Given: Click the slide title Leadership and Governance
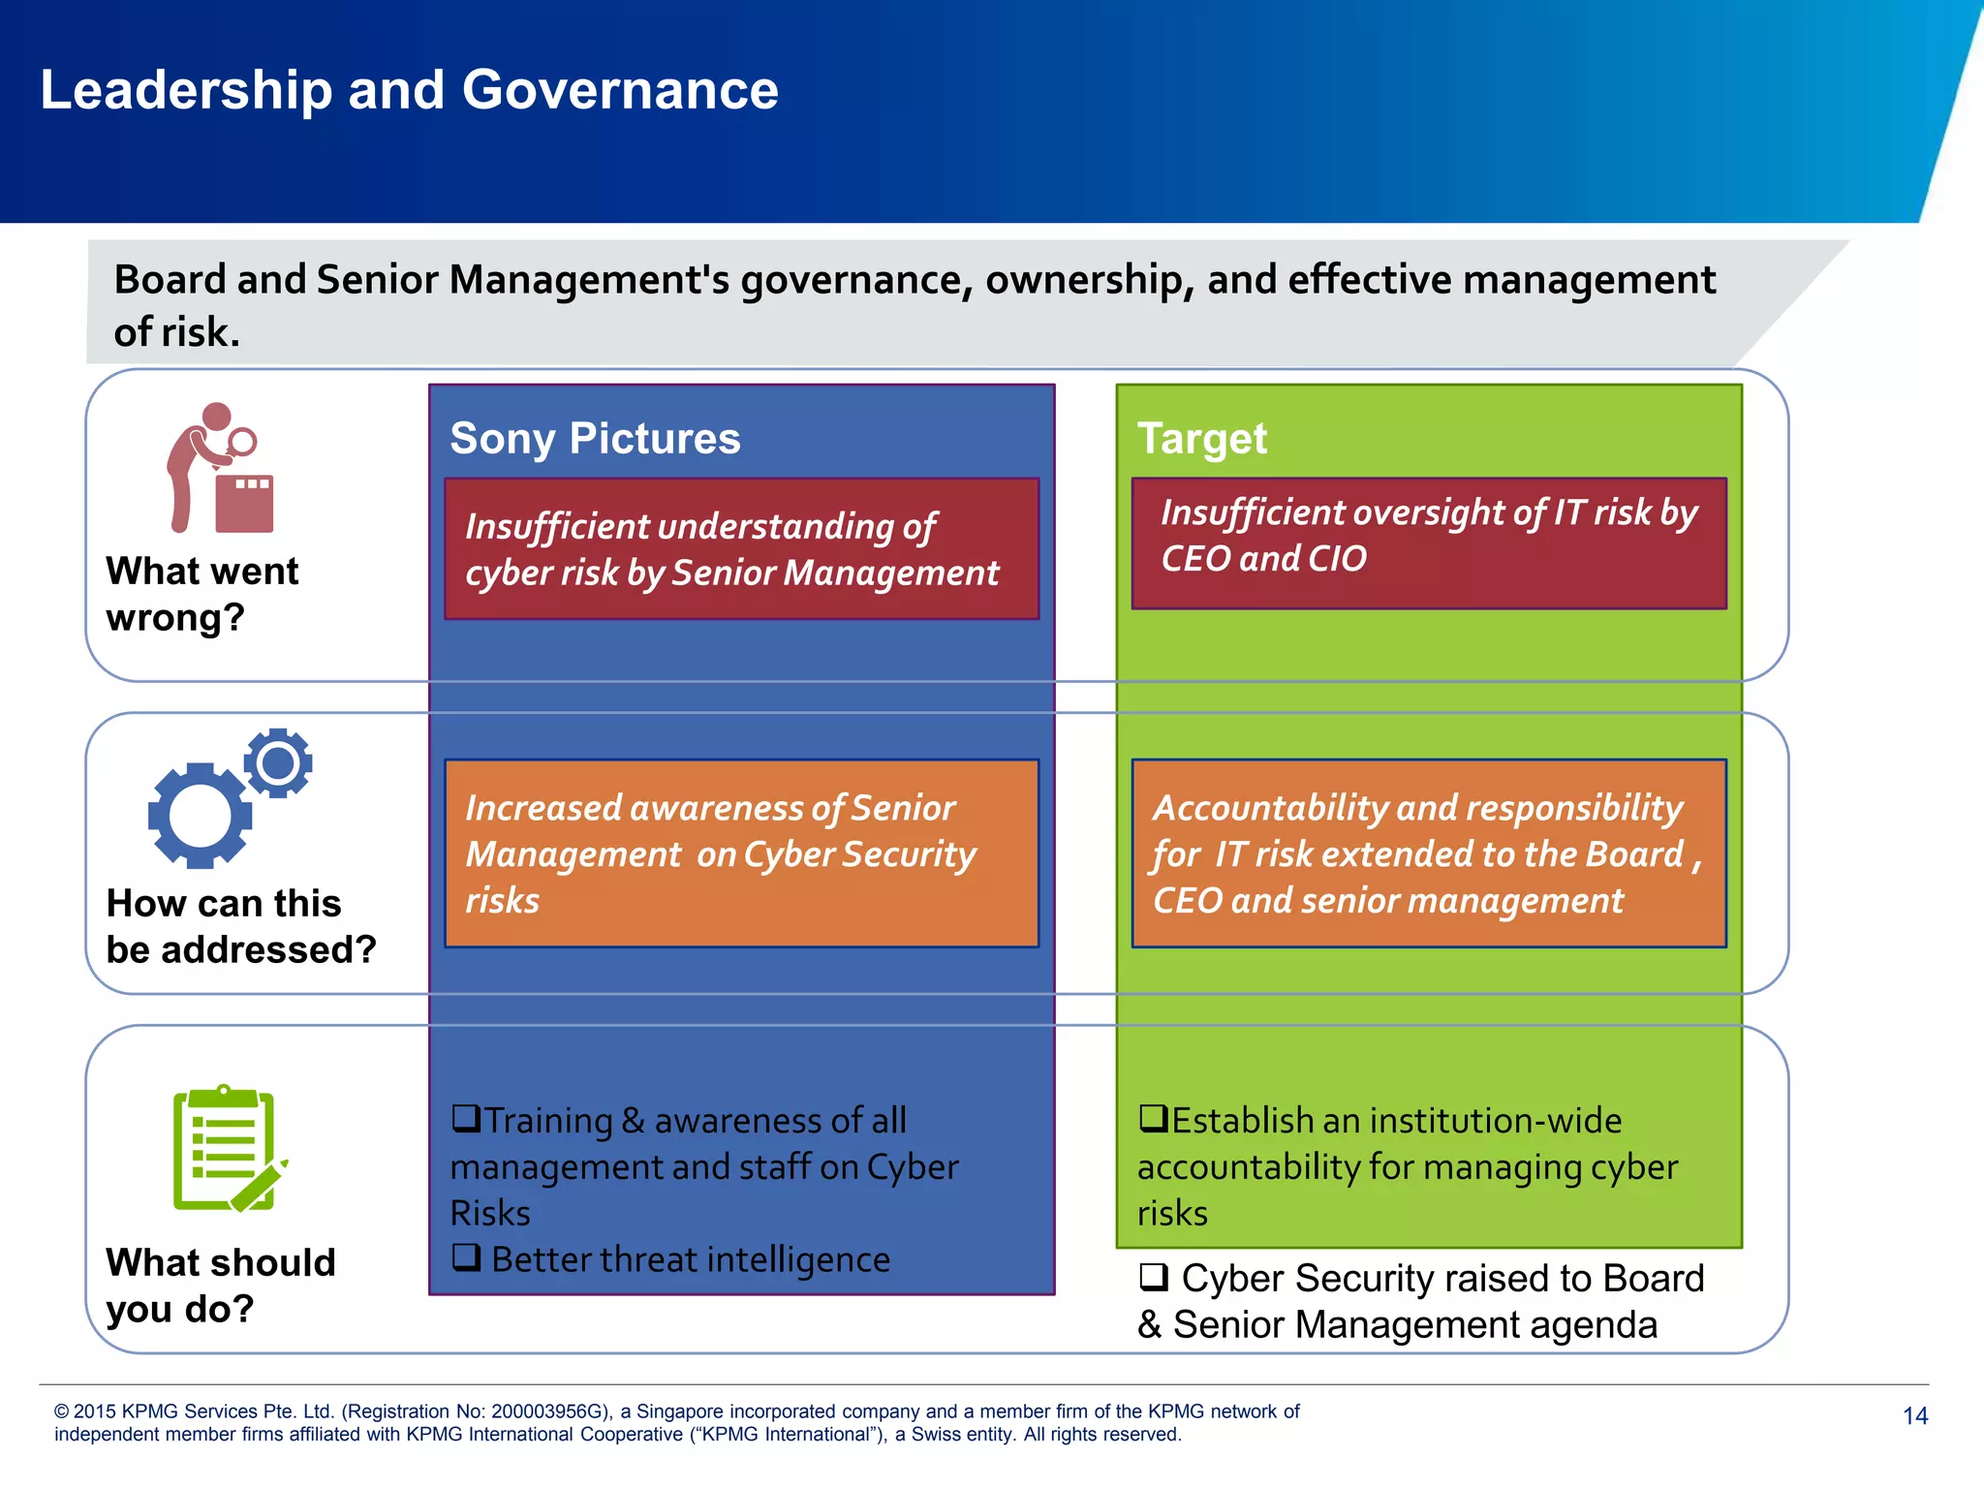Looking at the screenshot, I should (x=409, y=90).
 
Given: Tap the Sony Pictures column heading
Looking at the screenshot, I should (x=595, y=438).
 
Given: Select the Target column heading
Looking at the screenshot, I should (x=1201, y=438).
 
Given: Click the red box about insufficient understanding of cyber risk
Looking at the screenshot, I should (x=741, y=548).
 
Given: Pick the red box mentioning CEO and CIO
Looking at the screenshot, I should (x=1429, y=542).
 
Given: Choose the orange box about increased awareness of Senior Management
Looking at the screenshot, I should (x=741, y=852).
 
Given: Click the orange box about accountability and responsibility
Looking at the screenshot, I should (x=1429, y=852).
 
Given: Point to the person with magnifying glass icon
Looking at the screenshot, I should (x=219, y=469).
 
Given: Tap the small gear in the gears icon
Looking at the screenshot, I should (x=278, y=763).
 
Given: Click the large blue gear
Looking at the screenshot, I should (x=200, y=816).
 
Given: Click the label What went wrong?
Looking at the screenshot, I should (x=201, y=594).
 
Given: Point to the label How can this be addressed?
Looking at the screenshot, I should (x=240, y=926).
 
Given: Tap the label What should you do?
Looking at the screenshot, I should (x=220, y=1286).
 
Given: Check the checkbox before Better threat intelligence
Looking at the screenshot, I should (x=466, y=1257).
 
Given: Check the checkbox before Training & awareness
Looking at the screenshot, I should (x=466, y=1118).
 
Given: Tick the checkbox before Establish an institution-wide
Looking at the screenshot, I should (x=1153, y=1118).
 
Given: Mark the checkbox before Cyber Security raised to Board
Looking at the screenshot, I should (x=1153, y=1277).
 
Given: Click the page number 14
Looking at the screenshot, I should (x=1914, y=1416).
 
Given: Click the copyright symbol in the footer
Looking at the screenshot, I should (x=62, y=1411).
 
